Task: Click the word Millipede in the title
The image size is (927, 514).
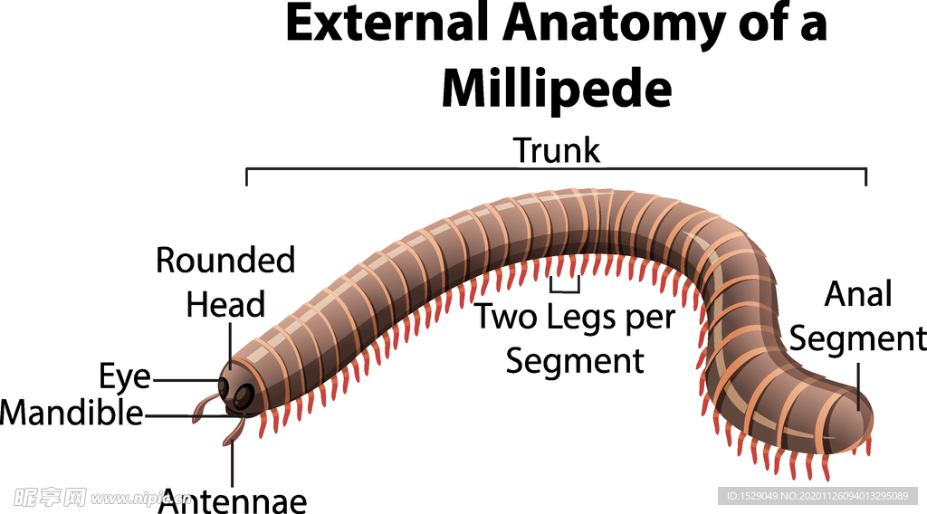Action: click(x=557, y=89)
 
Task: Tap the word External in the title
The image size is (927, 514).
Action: click(x=387, y=24)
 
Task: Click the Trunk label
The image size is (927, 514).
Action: click(x=557, y=150)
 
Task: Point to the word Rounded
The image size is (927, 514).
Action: click(x=225, y=260)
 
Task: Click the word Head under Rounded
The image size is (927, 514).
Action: click(x=225, y=304)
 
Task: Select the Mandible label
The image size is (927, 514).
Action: click(x=72, y=413)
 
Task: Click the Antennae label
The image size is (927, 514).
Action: click(x=233, y=501)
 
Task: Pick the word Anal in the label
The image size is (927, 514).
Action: click(x=858, y=293)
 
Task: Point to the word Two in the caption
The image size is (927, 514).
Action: click(x=506, y=316)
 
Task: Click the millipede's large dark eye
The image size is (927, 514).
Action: click(x=244, y=395)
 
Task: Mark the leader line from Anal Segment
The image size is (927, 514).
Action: click(x=858, y=387)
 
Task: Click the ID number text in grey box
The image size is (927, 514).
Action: click(x=817, y=496)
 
